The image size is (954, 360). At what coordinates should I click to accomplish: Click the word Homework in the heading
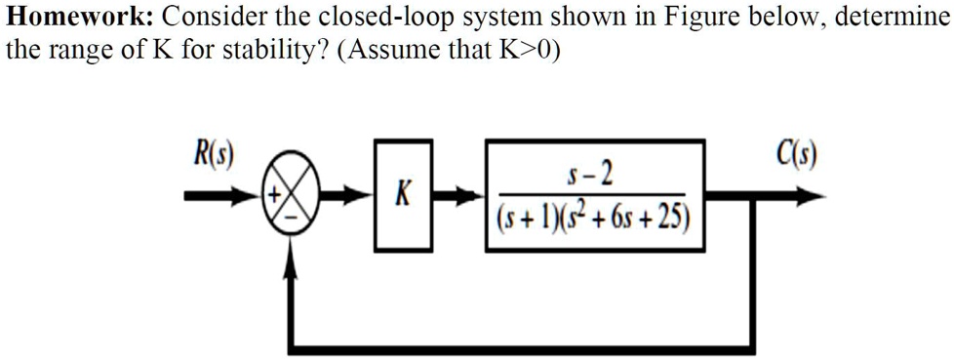[72, 18]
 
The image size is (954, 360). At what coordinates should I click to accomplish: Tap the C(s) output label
[798, 155]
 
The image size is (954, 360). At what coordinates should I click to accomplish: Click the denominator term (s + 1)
[528, 217]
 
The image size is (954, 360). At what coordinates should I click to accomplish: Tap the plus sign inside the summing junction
[276, 194]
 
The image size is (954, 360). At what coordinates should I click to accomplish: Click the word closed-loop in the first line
[333, 18]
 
